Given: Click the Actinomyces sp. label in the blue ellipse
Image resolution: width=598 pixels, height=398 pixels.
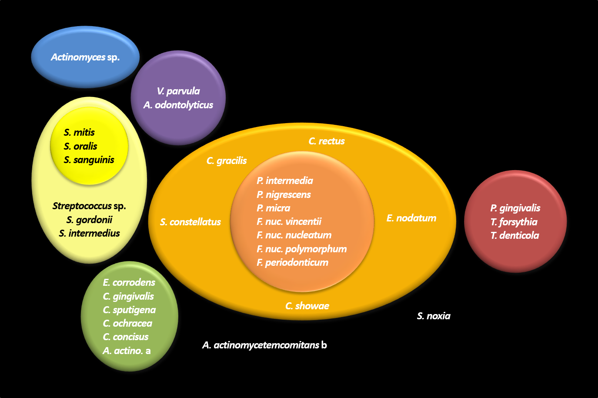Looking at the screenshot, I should [x=85, y=57].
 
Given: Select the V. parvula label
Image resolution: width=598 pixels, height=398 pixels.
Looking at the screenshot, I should [x=178, y=91].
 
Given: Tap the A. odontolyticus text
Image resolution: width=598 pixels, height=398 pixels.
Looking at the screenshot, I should [x=178, y=105].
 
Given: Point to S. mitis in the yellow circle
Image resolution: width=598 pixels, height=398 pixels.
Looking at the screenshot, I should [x=79, y=132].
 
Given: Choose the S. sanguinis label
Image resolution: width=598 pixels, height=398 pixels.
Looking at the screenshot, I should [x=89, y=160].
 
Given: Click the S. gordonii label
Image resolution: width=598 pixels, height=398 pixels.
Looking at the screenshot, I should [x=89, y=220].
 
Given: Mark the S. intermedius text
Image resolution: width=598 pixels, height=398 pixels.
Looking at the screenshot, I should [x=89, y=233].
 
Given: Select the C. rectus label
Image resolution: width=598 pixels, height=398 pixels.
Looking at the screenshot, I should [x=326, y=141].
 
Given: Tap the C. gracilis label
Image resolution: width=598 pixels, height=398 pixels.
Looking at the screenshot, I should [x=226, y=161].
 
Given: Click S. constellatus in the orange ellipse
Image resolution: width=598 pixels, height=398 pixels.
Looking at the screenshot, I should [x=190, y=222].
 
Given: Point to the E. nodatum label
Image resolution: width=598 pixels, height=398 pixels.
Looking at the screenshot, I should [x=411, y=218].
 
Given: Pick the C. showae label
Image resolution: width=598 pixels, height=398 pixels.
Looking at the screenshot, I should [x=307, y=306].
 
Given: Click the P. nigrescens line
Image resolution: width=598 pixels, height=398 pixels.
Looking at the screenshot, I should [x=284, y=194].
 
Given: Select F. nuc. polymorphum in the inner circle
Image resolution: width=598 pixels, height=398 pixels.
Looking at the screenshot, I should [x=301, y=249].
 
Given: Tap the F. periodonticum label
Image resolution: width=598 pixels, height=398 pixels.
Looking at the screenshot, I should [x=292, y=262].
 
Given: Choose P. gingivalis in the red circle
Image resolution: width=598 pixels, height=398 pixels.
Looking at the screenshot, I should [x=515, y=208].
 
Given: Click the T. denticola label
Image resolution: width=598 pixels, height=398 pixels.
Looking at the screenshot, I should [x=514, y=235].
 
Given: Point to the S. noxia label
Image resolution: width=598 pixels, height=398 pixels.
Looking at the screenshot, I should [x=433, y=316].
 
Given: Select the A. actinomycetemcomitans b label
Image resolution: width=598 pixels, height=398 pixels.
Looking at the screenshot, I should [x=264, y=345].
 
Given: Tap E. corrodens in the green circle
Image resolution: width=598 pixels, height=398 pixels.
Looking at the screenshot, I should [x=129, y=282].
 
